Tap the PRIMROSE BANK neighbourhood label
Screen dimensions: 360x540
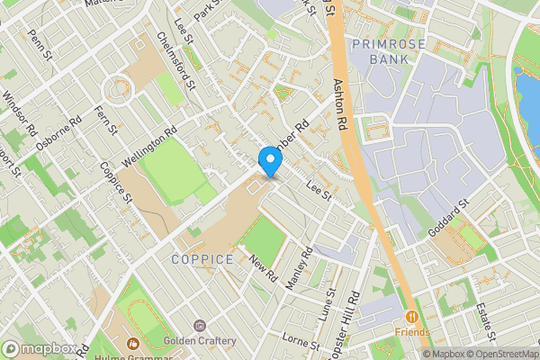(x=380, y=51)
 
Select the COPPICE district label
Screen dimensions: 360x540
(x=202, y=259)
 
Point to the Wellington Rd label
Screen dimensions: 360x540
(x=149, y=145)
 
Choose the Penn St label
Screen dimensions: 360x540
(x=41, y=42)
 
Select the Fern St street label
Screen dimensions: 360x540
(x=107, y=119)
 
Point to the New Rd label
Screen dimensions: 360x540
(x=263, y=266)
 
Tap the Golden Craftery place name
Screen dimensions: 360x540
(x=200, y=341)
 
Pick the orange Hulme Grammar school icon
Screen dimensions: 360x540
(x=132, y=343)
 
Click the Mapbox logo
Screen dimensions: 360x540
(x=39, y=349)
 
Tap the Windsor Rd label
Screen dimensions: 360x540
(x=18, y=108)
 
